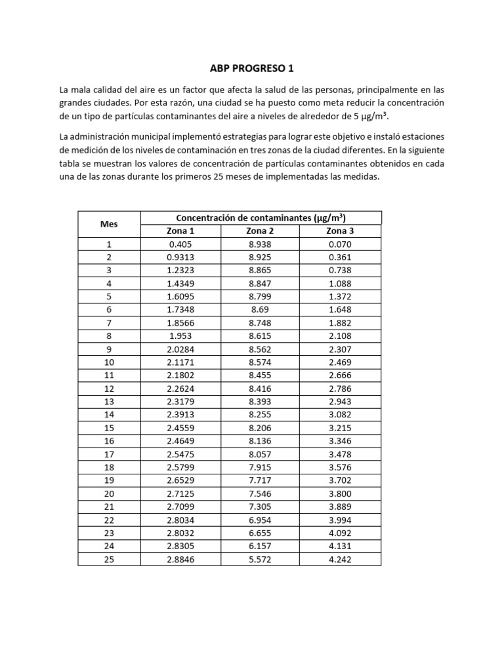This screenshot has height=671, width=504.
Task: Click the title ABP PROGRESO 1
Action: tap(252, 69)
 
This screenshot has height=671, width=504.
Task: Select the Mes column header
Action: tap(109, 224)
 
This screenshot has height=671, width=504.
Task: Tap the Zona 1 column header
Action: tap(180, 231)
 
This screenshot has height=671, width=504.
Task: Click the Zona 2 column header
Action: tap(260, 231)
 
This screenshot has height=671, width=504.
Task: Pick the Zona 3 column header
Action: tap(340, 231)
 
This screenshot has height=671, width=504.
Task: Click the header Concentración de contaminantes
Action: tap(261, 218)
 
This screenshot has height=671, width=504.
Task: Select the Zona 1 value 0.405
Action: tap(180, 244)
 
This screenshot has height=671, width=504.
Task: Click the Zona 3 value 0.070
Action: tap(340, 244)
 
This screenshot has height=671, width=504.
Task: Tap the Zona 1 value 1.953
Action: tap(180, 336)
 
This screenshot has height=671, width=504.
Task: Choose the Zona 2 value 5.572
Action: tap(260, 559)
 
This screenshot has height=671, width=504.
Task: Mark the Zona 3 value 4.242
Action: tap(340, 559)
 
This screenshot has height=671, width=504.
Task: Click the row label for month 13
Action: tap(109, 402)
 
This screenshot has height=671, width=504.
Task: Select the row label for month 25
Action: tap(109, 559)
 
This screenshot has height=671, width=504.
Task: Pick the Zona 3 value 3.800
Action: tap(340, 493)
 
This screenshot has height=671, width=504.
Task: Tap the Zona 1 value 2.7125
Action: tap(180, 493)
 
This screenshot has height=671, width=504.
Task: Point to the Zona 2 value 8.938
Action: tap(260, 244)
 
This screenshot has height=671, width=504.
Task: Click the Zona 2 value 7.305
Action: tap(260, 507)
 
